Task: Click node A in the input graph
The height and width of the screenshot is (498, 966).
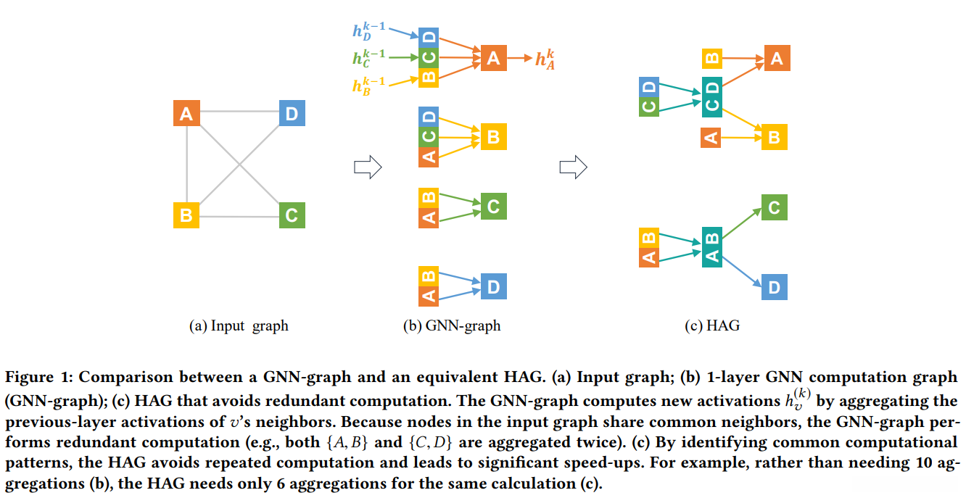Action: [x=186, y=114]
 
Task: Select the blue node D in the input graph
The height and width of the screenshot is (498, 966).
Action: [x=292, y=114]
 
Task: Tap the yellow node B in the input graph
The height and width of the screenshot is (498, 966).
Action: [x=186, y=215]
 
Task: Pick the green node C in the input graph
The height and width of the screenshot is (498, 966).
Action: [x=292, y=215]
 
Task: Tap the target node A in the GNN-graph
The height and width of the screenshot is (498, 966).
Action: [x=493, y=58]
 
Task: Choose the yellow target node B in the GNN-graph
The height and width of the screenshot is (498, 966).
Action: [x=493, y=136]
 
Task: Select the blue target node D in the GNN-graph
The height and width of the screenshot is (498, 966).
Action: [x=493, y=287]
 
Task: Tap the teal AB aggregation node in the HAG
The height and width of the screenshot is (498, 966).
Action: [x=712, y=247]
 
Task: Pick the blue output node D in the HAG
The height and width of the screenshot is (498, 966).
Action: [x=774, y=288]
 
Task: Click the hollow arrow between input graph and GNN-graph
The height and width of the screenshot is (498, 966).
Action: [x=367, y=167]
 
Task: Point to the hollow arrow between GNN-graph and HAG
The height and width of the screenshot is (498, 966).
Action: [x=573, y=167]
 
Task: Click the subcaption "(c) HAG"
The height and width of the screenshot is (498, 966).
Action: [x=711, y=326]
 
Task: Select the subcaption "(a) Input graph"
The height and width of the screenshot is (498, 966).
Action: [x=239, y=326]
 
